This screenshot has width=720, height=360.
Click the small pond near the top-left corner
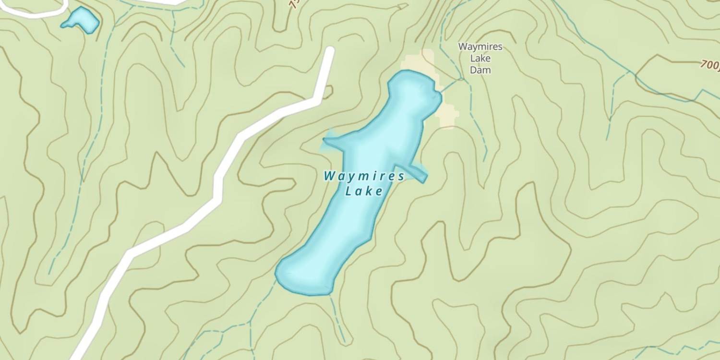[81, 20]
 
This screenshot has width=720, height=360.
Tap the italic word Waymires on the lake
[364, 176]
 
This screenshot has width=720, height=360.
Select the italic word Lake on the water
[364, 192]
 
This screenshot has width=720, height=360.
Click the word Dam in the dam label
[480, 70]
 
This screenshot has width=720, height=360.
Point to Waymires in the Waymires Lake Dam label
[480, 47]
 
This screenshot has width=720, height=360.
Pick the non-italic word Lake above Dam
[480, 59]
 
